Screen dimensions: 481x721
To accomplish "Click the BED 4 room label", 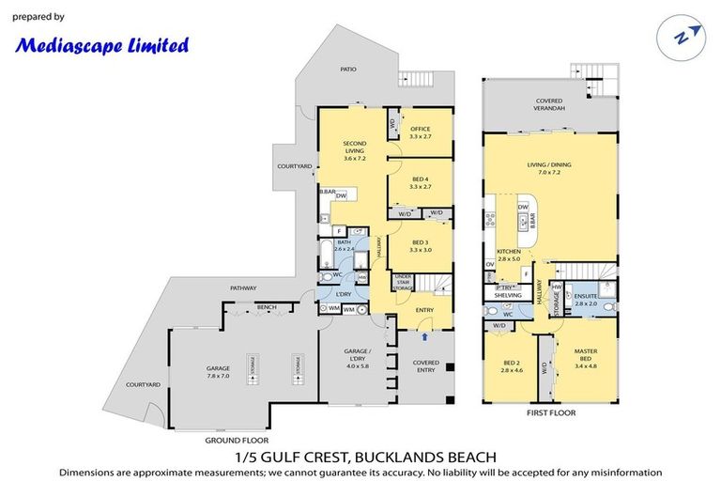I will (419, 182).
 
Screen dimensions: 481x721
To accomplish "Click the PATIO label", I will (348, 69).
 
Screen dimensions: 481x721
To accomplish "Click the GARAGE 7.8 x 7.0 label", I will (218, 370).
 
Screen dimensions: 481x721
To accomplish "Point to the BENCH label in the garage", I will (265, 306).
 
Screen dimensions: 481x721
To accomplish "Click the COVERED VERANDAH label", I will (550, 104).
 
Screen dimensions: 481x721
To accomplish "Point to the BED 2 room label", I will (512, 366).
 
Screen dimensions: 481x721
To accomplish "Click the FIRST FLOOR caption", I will (550, 412).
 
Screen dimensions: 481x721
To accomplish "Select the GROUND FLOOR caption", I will (237, 440).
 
